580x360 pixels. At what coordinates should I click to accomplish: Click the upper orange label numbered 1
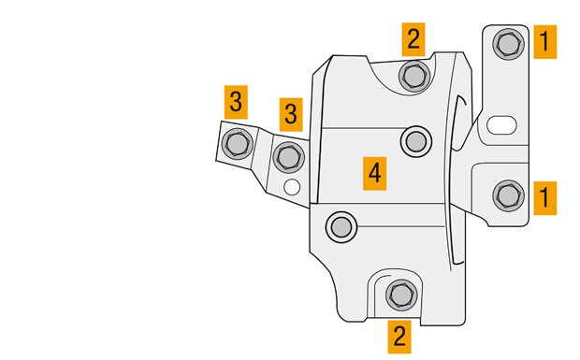pos(544,42)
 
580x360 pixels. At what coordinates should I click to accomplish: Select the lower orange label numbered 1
pos(544,197)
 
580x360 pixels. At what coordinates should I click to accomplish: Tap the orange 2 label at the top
pos(413,39)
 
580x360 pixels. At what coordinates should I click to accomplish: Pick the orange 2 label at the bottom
pos(399,337)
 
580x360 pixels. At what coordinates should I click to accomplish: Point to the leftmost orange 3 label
pos(236,102)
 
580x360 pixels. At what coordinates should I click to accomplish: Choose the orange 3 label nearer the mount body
pos(291,115)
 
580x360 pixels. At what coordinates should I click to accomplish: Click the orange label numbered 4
pos(375,173)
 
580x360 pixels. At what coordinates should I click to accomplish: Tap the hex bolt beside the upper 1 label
pos(508,44)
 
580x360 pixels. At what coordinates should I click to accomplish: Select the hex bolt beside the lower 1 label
pos(508,195)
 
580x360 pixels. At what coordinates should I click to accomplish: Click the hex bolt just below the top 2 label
pos(414,76)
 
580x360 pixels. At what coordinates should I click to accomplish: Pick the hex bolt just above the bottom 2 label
pos(401,295)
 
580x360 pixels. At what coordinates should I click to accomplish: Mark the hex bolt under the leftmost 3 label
pos(237,143)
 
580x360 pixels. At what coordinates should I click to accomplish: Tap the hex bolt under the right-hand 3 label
pos(289,157)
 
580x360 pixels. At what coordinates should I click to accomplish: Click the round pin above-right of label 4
pos(416,141)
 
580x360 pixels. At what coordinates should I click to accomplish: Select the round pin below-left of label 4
pos(341,227)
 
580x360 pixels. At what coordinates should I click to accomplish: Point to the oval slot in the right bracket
pos(501,125)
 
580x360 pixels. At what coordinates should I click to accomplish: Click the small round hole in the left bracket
pos(292,187)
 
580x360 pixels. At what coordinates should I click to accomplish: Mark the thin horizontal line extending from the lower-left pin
pos(400,226)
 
